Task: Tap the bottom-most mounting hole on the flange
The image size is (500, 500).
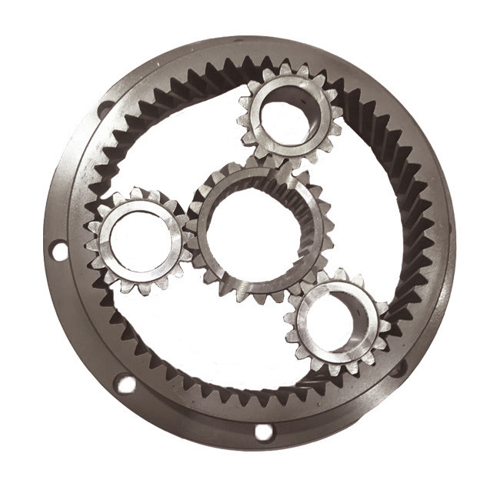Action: click(264, 432)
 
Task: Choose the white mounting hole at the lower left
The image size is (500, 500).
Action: click(125, 383)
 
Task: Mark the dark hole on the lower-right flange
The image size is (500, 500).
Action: click(398, 368)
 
